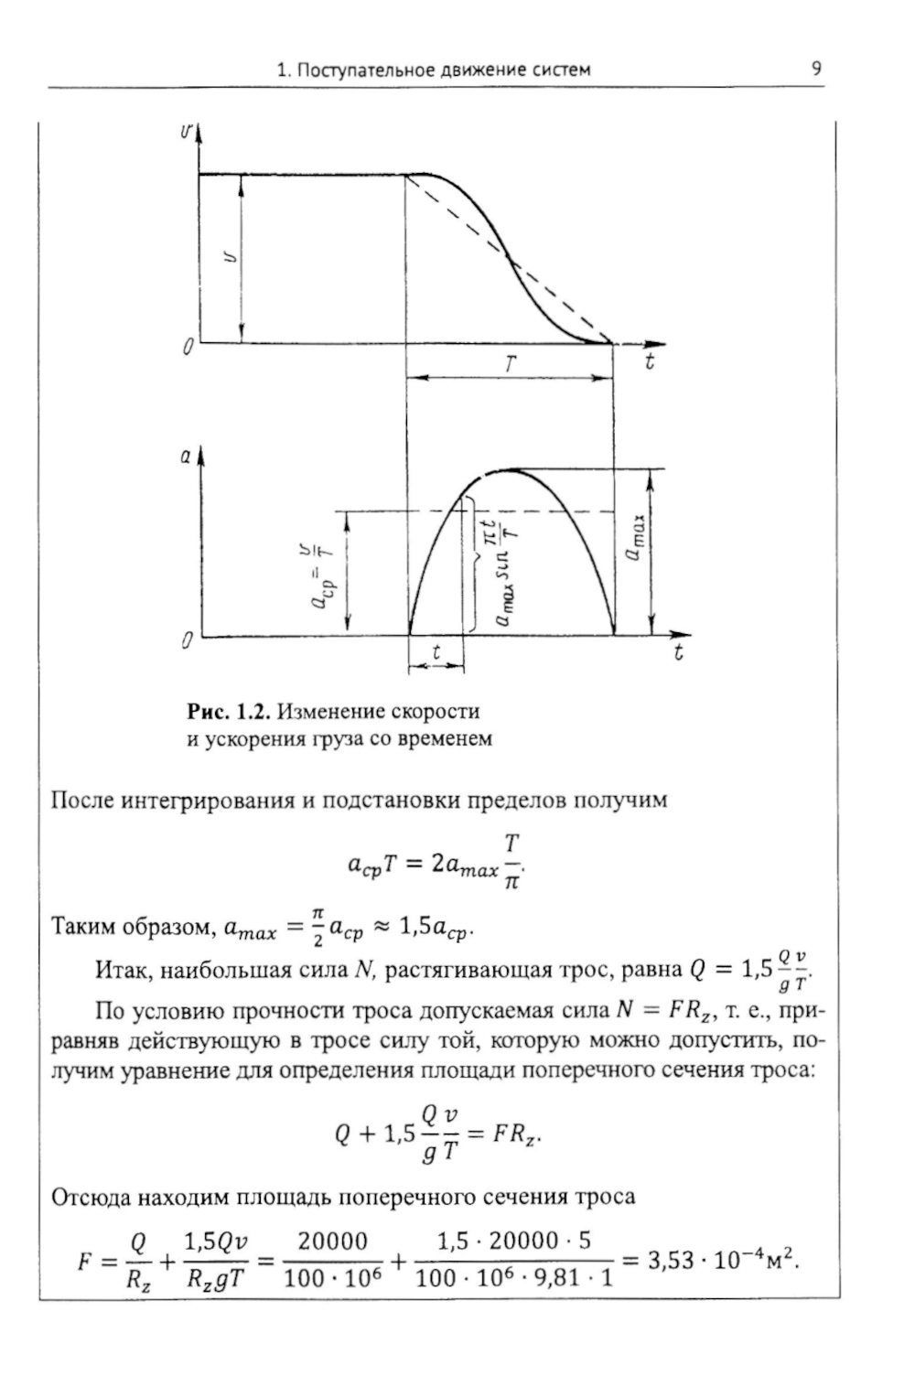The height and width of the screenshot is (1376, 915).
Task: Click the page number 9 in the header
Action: tap(815, 69)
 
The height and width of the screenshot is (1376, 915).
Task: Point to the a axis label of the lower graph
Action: tap(185, 457)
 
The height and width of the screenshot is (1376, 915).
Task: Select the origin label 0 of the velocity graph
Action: tap(188, 348)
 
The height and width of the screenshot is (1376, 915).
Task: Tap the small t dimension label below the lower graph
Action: tap(436, 651)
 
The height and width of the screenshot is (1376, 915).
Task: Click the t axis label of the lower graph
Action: tap(678, 653)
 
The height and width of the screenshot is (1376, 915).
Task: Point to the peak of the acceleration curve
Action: tap(506, 469)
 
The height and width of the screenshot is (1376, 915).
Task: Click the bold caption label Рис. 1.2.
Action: tap(228, 711)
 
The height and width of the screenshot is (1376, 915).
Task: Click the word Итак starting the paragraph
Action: tap(122, 970)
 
